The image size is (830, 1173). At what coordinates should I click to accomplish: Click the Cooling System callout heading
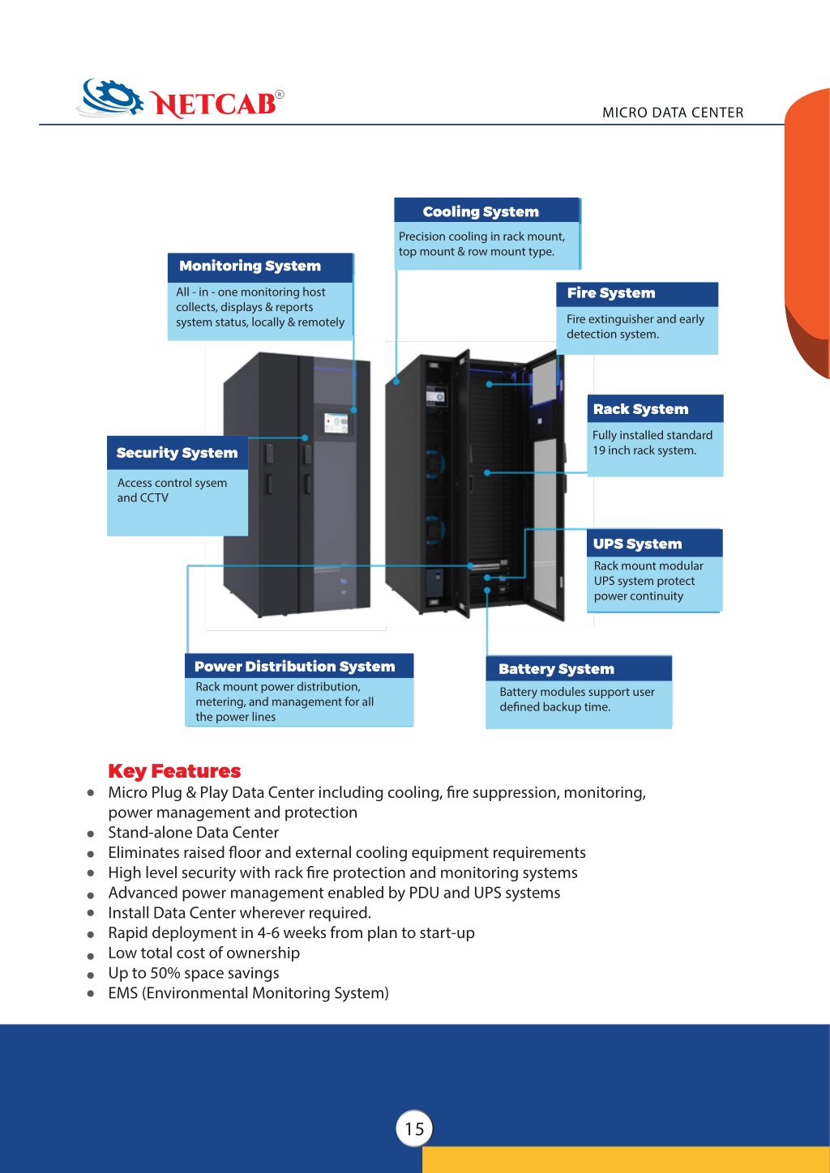click(481, 211)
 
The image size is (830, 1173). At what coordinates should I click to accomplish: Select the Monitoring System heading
click(250, 266)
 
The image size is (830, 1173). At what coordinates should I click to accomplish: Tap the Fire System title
click(611, 292)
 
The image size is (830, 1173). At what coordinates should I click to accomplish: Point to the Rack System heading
click(640, 409)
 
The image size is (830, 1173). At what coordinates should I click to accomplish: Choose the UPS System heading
click(637, 544)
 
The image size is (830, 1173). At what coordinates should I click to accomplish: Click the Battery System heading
click(556, 668)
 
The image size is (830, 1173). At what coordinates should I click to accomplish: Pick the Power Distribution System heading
click(294, 666)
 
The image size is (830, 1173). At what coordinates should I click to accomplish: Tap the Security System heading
click(177, 453)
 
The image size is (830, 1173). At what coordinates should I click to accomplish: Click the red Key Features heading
click(174, 771)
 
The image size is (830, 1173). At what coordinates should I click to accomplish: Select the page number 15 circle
click(414, 1128)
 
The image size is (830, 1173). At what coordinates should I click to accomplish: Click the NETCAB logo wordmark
click(213, 103)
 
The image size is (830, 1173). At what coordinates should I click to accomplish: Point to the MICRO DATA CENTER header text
click(673, 113)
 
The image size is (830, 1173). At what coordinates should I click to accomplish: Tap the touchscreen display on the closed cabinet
click(336, 423)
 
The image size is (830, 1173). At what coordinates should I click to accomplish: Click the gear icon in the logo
click(112, 97)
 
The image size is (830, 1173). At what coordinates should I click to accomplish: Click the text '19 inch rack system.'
click(644, 450)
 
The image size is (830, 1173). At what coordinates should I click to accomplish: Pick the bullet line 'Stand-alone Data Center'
click(194, 832)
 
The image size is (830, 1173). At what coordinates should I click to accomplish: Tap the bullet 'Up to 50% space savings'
click(194, 972)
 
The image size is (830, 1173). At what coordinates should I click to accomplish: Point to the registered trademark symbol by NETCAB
click(280, 95)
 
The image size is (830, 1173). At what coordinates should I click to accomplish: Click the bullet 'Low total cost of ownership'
click(203, 953)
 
